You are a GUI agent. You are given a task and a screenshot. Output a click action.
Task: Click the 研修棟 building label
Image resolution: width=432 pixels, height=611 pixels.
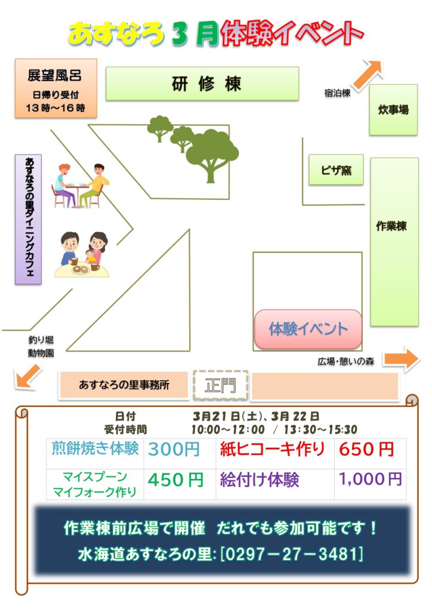pos(202,84)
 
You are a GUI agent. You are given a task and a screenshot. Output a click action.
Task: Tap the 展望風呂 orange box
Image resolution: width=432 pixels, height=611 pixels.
pos(55,88)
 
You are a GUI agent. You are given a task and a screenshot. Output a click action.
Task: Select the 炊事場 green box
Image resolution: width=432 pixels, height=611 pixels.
pos(393,110)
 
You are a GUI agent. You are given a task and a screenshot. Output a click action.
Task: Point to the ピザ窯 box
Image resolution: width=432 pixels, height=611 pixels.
pos(336,170)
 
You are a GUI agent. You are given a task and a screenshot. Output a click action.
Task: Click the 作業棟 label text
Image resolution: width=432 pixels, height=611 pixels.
pos(392,227)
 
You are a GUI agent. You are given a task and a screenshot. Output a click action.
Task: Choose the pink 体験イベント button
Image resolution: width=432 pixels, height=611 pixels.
pos(308,329)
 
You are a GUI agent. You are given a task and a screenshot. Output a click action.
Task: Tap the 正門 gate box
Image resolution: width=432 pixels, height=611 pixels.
pos(220,385)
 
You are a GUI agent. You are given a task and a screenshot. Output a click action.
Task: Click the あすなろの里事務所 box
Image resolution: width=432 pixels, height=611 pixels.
pos(124,385)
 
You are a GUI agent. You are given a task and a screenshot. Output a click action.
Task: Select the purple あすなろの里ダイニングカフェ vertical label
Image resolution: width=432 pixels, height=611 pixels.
pos(29,219)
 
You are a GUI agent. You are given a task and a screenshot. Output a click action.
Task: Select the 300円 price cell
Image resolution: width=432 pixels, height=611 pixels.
pos(174,449)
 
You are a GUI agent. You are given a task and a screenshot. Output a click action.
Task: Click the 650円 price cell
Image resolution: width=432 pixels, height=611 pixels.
pos(366,449)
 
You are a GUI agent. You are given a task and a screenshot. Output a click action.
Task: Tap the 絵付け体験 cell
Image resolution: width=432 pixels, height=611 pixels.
pos(260,480)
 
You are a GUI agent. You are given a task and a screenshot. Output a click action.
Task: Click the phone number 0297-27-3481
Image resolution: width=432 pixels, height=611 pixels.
pos(291,554)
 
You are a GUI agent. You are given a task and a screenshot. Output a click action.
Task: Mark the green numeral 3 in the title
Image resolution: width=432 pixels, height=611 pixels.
pos(180,33)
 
